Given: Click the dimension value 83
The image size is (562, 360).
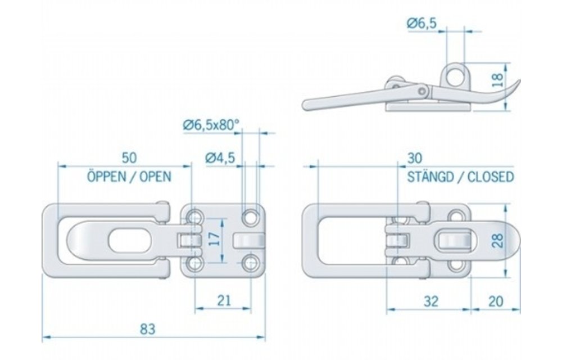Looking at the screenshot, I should coord(147,327).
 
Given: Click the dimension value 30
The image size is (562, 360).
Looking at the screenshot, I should coord(415,157).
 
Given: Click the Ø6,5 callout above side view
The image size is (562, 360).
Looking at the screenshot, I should coord(422,24).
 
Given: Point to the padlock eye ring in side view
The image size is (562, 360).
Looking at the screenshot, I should coord(456,74).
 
